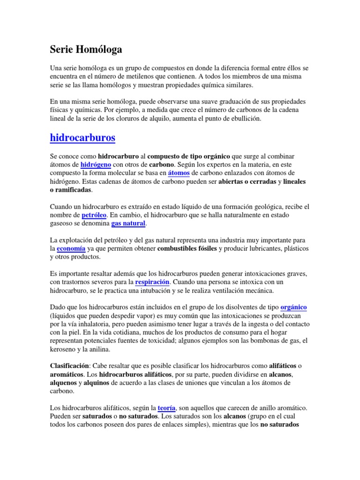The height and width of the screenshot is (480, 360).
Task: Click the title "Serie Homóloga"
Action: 86,49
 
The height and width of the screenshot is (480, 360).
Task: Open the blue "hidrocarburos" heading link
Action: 82,138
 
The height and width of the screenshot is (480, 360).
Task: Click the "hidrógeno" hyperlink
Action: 95,165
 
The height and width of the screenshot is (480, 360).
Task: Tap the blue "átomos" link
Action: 178,173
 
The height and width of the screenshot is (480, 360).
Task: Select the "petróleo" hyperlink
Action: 94,215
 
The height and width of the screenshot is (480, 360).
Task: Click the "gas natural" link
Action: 128,224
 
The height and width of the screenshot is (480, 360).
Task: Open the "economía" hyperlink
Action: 71,249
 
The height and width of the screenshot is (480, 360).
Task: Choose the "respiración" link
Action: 152,283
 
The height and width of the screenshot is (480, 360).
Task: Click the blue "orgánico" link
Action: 293,307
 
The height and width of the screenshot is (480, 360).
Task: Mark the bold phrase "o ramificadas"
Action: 71,190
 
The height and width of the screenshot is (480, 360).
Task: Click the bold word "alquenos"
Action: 63,383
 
